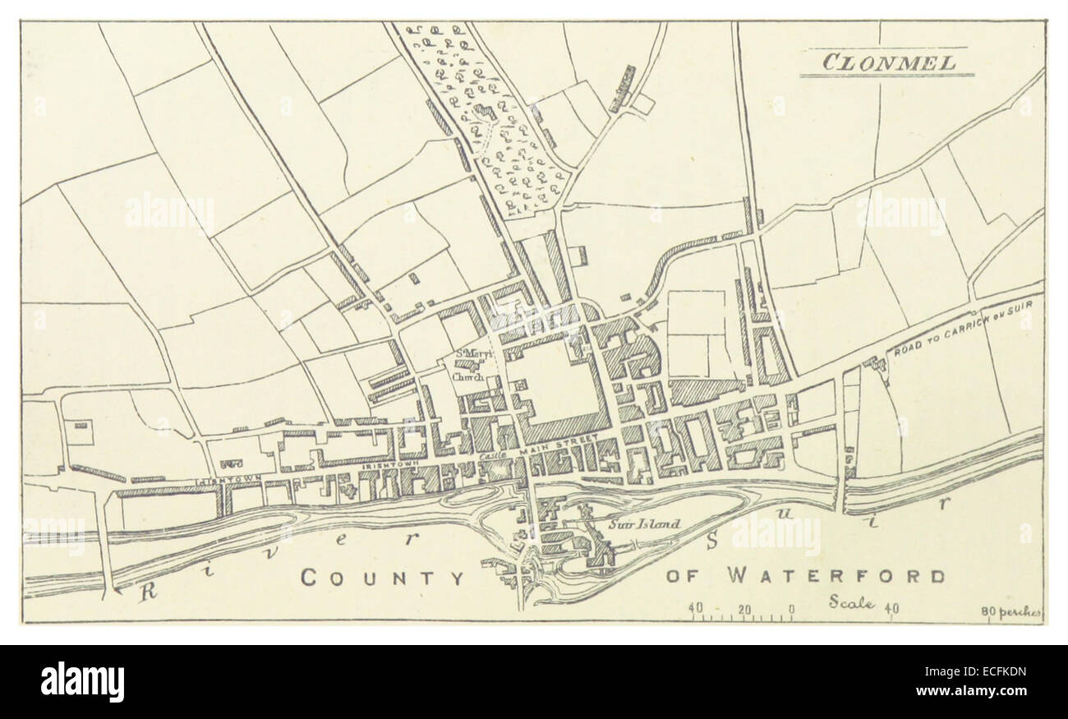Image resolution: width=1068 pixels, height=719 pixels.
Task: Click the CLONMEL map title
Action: pos(886,62)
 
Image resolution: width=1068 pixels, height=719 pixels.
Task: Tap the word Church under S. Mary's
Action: pos(467,377)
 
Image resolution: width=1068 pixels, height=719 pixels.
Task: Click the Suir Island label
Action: pos(644,523)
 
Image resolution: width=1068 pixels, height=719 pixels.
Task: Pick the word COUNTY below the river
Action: pos(382,578)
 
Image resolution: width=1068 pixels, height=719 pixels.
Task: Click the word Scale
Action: pos(850,602)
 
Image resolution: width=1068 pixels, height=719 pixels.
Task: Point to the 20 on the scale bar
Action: pos(744,609)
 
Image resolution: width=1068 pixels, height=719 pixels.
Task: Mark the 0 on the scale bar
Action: pos(791,609)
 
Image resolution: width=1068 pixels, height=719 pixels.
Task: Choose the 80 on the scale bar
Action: pos(987,611)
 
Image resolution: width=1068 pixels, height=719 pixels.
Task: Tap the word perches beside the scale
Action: pos(1020,611)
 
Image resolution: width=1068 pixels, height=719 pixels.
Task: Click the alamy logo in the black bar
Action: pos(82,682)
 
